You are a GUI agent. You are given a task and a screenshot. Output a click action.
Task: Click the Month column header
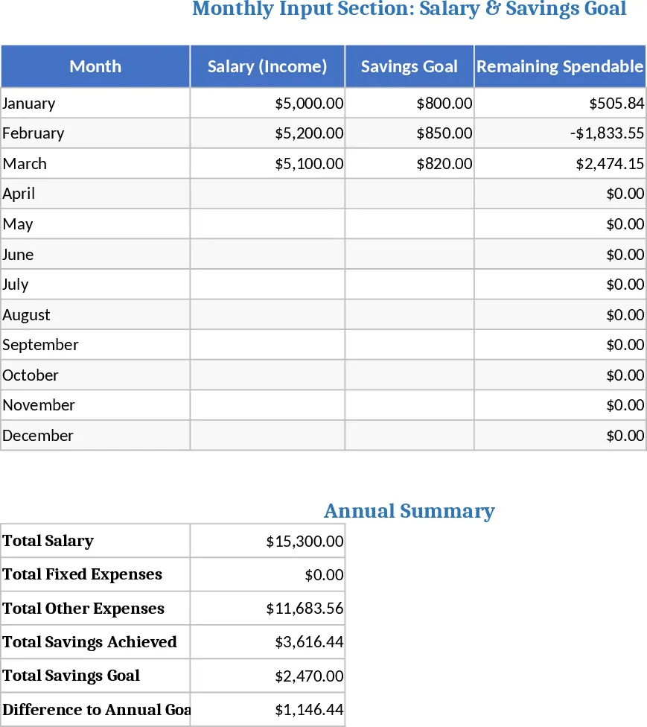pos(95,66)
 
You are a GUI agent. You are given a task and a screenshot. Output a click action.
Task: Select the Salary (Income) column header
pos(267,66)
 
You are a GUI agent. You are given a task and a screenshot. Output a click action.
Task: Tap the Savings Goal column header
pos(409,66)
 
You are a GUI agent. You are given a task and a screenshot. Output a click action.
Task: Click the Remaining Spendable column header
pos(560,66)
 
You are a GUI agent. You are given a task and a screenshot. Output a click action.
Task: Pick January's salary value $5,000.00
pos(309,103)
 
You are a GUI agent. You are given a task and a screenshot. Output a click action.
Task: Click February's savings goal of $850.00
pos(444,133)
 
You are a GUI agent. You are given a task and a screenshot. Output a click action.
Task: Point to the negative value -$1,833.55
pos(607,133)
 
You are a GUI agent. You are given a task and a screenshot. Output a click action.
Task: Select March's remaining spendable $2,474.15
pos(610,163)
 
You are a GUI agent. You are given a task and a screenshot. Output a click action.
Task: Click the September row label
pos(40,345)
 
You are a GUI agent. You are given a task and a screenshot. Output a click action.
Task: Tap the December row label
pos(37,435)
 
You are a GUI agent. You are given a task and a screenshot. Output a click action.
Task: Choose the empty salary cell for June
pos(267,254)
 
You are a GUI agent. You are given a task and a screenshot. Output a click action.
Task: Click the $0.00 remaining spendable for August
pos(625,315)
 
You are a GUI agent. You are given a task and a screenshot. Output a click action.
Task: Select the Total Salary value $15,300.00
pos(305,541)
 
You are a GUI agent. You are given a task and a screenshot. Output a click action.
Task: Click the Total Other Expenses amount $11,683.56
pos(305,609)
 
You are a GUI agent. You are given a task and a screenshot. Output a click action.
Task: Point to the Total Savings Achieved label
pos(89,642)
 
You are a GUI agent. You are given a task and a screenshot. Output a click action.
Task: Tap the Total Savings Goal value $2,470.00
pos(309,676)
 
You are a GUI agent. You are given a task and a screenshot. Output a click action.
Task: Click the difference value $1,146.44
pos(309,709)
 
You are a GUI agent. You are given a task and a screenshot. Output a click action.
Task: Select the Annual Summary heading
pos(409,511)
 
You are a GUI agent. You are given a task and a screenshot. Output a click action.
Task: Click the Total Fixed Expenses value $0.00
pos(324,575)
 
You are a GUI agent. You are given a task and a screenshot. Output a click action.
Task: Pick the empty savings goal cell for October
pos(409,375)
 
